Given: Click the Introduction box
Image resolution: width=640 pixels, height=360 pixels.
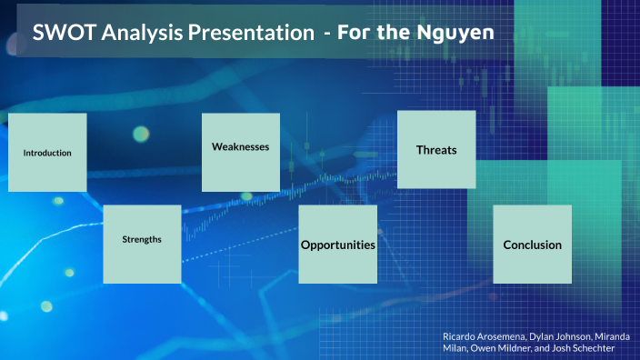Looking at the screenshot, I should point(47,153).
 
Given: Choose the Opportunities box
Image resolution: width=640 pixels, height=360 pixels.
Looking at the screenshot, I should point(338,244).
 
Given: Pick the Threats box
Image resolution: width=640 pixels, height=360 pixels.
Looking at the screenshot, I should point(436,149).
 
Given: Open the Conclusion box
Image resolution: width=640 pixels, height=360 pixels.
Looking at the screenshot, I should point(533,244).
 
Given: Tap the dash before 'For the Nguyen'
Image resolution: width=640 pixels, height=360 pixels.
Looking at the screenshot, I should point(327,35).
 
